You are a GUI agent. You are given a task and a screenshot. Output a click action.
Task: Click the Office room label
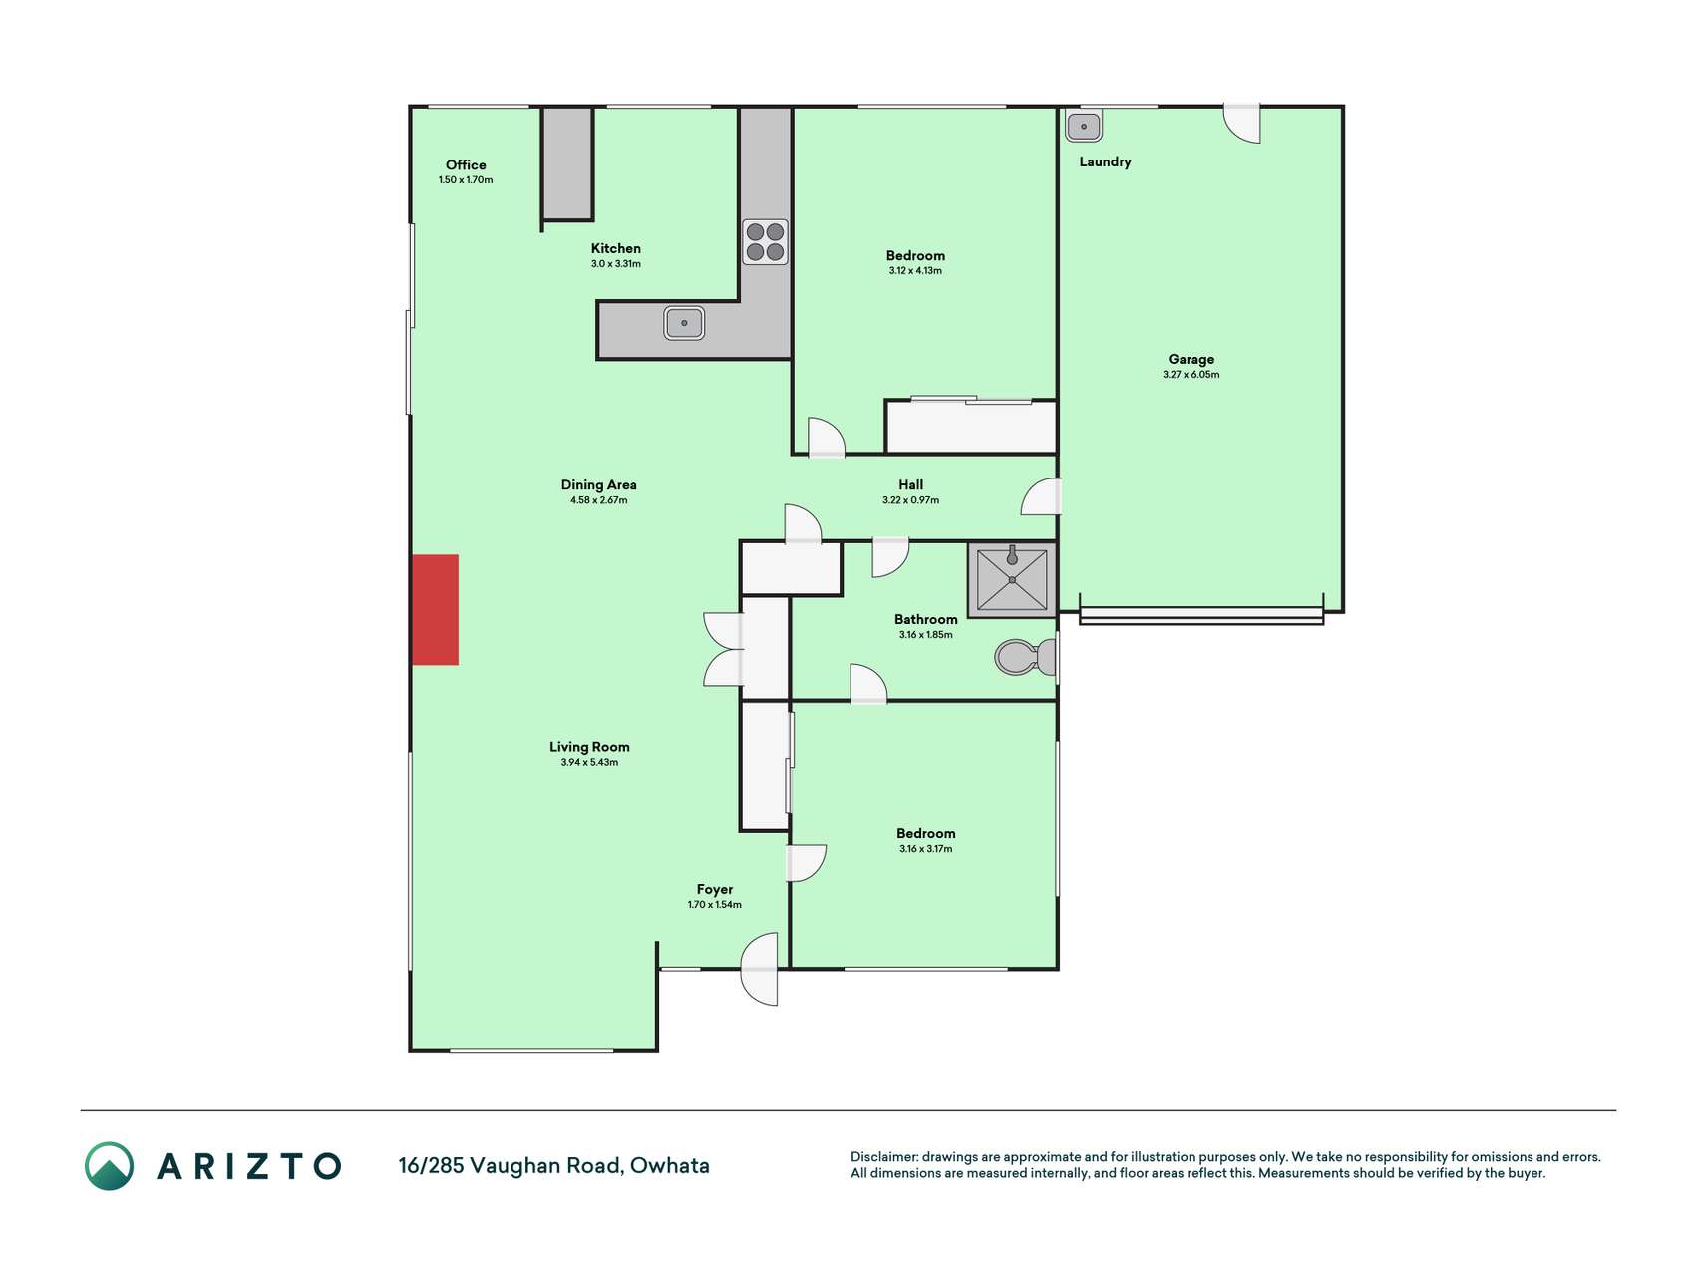coord(466,165)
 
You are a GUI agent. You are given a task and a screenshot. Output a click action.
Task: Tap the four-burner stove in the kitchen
coord(765,242)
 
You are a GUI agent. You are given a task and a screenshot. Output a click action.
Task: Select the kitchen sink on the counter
coord(684,323)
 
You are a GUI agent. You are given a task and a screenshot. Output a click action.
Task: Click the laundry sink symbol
coord(1084,127)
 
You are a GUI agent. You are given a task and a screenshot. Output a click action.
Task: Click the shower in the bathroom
coord(1012,580)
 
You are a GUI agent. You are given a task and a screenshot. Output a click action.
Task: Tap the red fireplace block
coord(436,610)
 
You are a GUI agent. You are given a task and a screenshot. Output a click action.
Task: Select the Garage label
coord(1191,360)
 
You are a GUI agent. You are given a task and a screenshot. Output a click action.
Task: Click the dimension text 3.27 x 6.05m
coord(1191,375)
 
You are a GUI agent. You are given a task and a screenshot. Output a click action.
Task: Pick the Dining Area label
coord(599,485)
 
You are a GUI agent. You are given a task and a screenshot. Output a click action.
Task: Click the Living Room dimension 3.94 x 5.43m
coord(589,762)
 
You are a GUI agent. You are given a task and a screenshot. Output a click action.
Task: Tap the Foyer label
coord(715,890)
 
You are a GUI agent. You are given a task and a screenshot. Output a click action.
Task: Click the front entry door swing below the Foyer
coord(760,969)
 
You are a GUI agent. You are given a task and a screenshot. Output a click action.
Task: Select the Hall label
coord(911,485)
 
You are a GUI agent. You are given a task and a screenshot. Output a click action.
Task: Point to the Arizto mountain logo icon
coord(109,1166)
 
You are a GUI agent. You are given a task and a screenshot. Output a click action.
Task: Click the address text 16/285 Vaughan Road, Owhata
coord(554,1166)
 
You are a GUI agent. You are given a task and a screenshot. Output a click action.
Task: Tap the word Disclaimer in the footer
coord(884,1157)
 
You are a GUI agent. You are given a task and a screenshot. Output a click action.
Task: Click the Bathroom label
coord(926,620)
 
